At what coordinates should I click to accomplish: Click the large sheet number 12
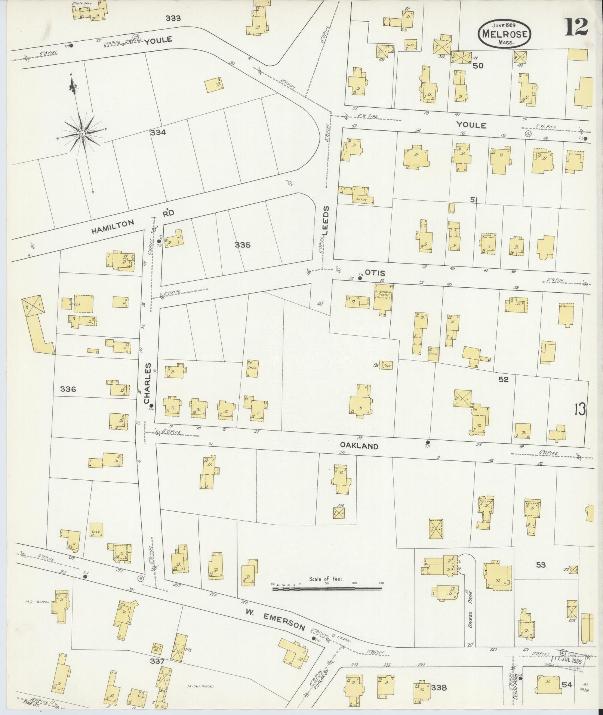click(576, 27)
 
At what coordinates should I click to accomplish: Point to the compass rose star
click(81, 133)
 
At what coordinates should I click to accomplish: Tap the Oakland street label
click(359, 446)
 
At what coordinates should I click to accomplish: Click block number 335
click(243, 245)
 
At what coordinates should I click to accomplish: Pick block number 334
click(158, 132)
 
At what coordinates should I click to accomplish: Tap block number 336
click(68, 389)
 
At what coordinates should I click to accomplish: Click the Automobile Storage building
click(382, 297)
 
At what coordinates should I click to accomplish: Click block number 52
click(504, 379)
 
